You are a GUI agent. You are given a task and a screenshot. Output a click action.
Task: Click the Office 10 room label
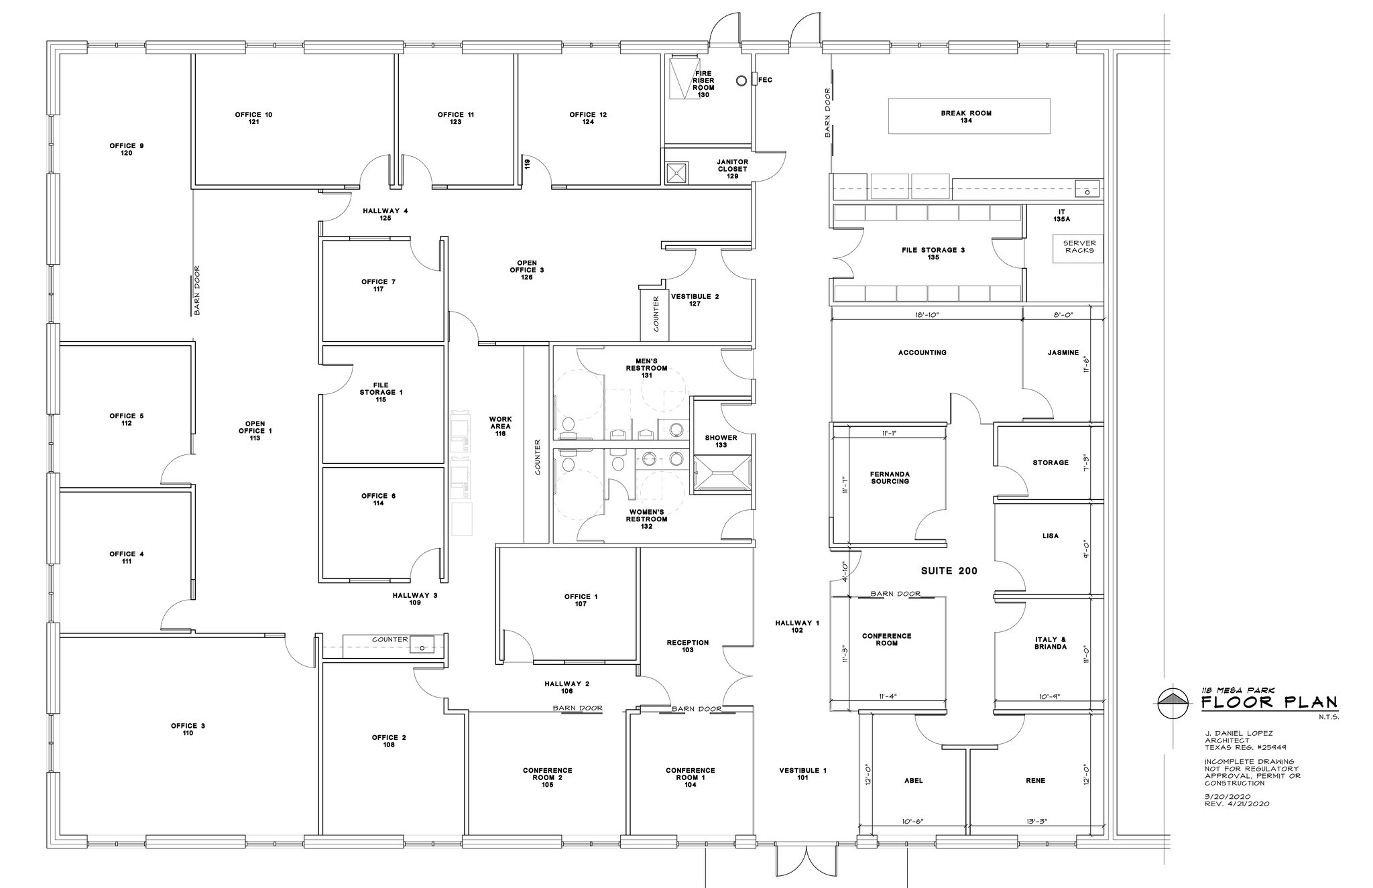point(253,119)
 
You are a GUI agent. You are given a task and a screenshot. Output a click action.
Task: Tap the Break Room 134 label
point(966,117)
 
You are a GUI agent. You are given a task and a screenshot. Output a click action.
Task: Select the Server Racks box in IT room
point(1079,247)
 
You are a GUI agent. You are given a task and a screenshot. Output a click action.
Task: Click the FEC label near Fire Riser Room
point(765,80)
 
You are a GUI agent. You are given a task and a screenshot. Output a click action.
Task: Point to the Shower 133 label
point(721,441)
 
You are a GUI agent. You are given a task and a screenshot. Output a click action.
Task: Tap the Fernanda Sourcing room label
point(890,477)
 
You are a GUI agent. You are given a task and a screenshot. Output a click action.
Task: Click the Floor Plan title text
point(1268,703)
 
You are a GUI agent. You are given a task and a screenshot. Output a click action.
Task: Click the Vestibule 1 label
point(802,774)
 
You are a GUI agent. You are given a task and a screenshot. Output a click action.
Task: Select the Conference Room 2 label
point(547,777)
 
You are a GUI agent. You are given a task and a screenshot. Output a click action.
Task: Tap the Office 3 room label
point(188,729)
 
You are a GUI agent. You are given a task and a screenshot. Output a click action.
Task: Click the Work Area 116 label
point(500,426)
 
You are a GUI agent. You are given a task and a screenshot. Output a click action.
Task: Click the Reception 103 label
point(687,646)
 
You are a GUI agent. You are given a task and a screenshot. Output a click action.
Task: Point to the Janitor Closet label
point(732,169)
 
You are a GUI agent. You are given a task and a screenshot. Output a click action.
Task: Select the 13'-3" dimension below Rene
point(1036,821)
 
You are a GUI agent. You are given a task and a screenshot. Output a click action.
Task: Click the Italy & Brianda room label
point(1050,643)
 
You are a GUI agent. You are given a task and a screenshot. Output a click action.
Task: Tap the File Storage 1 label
point(381,392)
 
